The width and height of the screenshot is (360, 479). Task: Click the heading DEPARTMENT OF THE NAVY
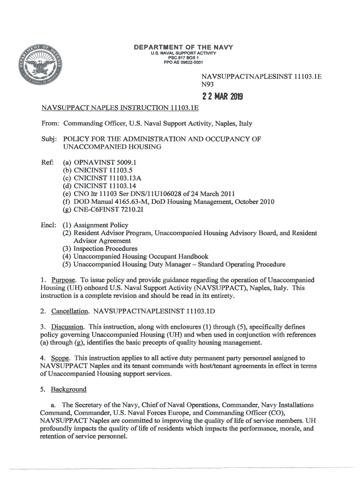183,47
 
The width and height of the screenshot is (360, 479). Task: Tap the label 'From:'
49,123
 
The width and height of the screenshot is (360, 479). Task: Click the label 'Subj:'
48,139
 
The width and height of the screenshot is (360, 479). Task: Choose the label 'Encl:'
48,225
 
